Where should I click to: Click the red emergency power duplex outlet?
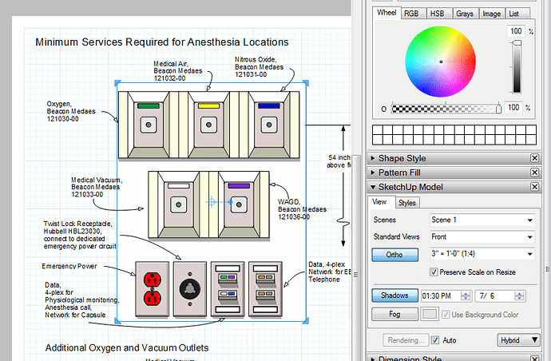click(x=153, y=288)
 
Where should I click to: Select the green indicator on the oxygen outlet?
click(x=148, y=105)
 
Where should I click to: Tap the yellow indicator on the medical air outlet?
click(x=208, y=105)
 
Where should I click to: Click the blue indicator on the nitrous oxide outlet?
click(x=268, y=105)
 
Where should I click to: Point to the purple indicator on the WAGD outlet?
click(x=239, y=185)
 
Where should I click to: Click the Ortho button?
click(x=394, y=255)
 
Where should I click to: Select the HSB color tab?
click(x=437, y=14)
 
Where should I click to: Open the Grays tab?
click(x=465, y=14)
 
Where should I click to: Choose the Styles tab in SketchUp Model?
click(x=407, y=203)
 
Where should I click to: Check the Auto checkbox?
click(x=435, y=339)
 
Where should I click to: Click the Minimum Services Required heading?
click(x=162, y=42)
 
